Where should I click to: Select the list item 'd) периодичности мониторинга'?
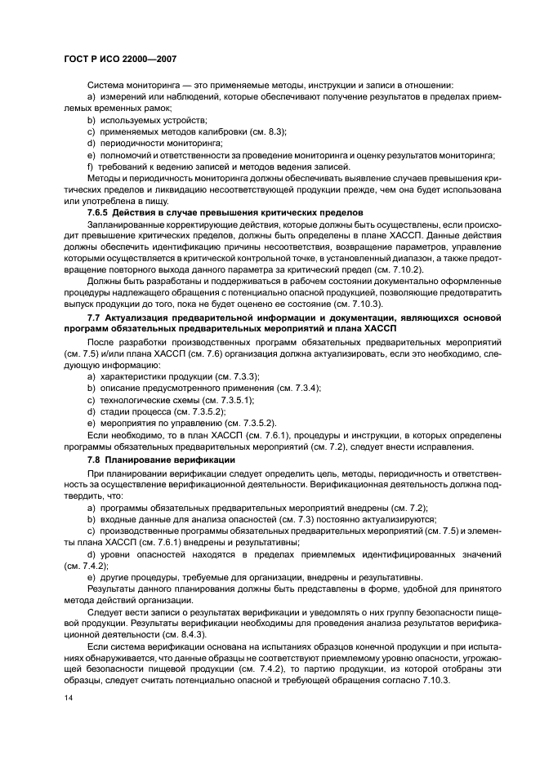(x=144, y=143)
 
